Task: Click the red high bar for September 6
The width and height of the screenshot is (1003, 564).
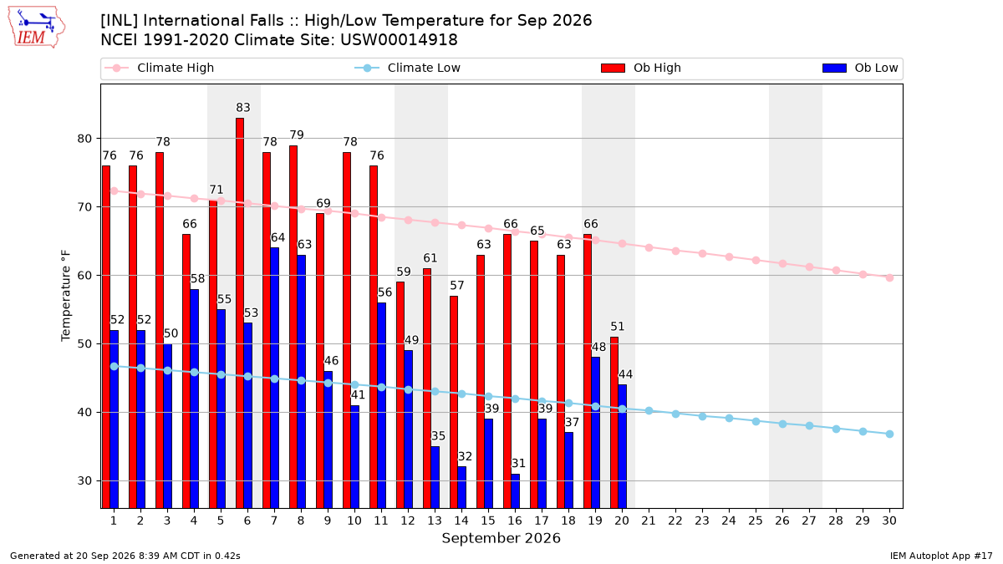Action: click(x=240, y=312)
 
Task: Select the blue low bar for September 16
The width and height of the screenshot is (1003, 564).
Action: click(x=516, y=491)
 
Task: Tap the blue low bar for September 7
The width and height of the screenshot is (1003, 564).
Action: click(x=274, y=378)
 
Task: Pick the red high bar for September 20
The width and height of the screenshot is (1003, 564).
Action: click(x=614, y=423)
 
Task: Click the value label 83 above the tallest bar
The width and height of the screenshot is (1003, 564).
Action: click(x=243, y=108)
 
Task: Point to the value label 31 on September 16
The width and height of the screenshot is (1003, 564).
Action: click(x=518, y=463)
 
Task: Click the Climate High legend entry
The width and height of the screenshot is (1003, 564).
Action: click(x=160, y=68)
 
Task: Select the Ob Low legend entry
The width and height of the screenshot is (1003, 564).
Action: click(x=860, y=68)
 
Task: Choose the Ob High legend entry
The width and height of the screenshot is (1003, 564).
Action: click(x=641, y=68)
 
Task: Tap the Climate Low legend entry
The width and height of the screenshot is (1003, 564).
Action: click(x=408, y=68)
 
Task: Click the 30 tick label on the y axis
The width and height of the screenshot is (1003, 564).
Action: click(x=84, y=481)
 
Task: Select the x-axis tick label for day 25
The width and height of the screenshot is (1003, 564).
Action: click(x=756, y=521)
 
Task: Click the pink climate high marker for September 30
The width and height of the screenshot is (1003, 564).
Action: click(x=889, y=278)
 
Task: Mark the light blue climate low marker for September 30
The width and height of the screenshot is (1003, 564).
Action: click(x=889, y=434)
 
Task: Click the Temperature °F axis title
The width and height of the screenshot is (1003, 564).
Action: click(x=66, y=296)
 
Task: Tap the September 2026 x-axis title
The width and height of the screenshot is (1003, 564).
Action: click(x=501, y=538)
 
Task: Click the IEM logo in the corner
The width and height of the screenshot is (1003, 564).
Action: click(x=37, y=28)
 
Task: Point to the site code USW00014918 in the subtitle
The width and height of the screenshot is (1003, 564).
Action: click(x=399, y=40)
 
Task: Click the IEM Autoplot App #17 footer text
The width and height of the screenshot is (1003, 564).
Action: click(x=941, y=556)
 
